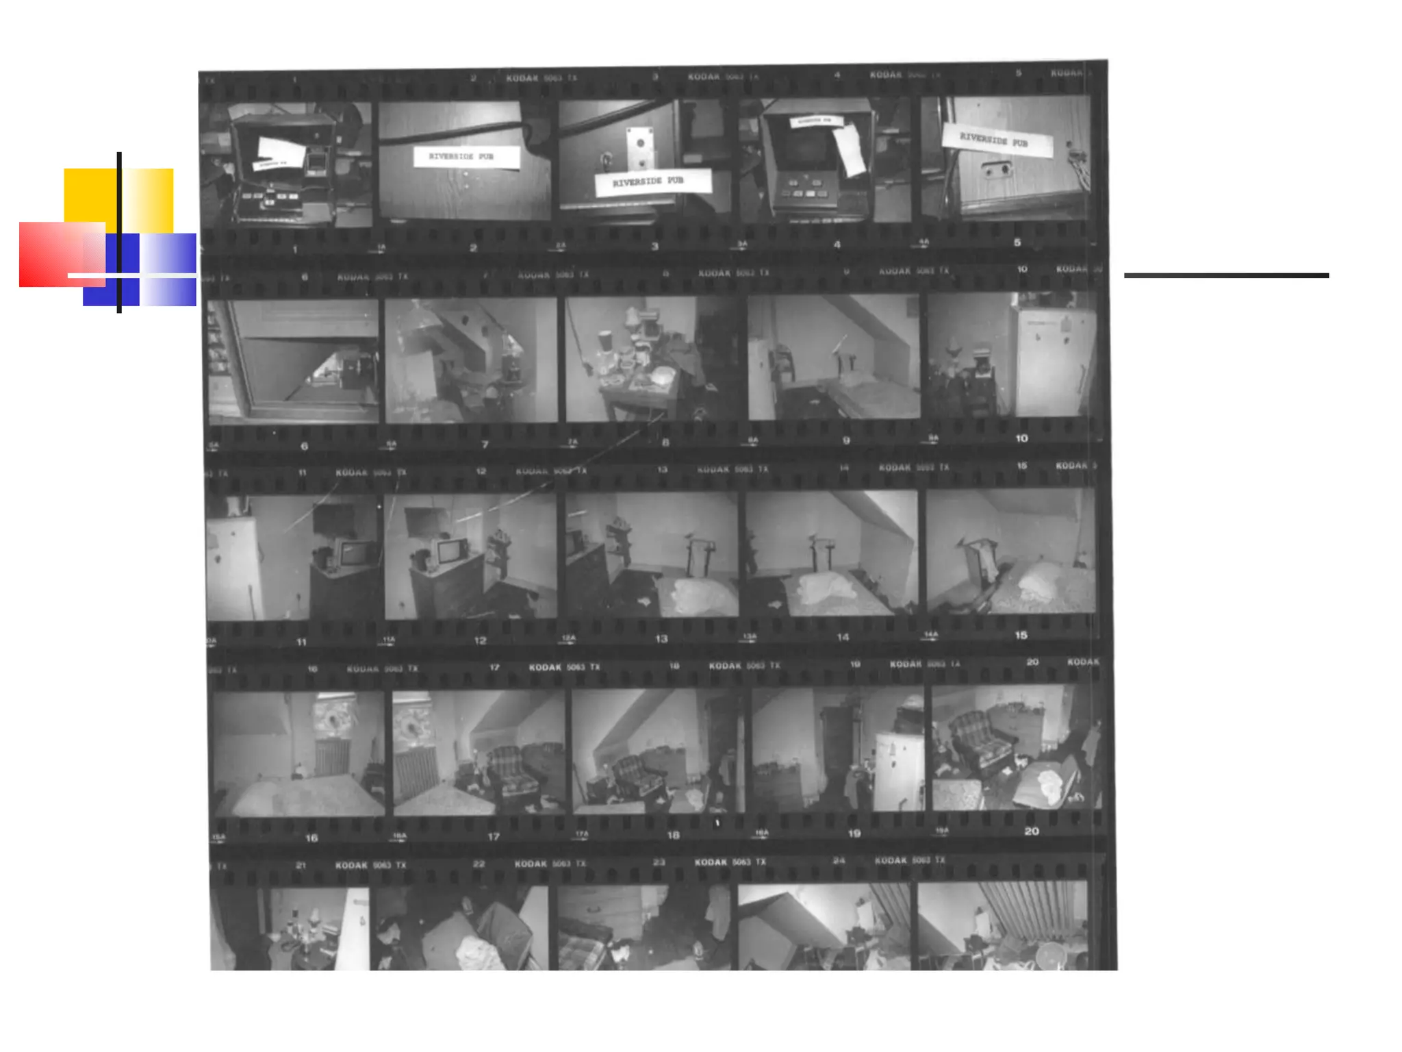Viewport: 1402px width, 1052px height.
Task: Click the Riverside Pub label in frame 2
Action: [466, 157]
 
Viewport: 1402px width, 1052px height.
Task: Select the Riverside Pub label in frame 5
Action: [996, 141]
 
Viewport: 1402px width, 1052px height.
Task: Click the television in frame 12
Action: [449, 552]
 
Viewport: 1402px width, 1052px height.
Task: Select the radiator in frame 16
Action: [333, 757]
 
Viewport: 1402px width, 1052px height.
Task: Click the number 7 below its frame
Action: [485, 444]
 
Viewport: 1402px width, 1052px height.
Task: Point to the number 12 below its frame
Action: [480, 640]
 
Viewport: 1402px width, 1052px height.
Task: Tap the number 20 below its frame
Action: [1031, 831]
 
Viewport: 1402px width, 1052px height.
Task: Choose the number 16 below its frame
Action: [311, 838]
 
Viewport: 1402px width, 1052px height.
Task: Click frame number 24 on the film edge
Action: [839, 860]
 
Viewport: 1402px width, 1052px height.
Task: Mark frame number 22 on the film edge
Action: [479, 864]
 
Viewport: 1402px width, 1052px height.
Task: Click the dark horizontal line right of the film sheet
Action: [1226, 275]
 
